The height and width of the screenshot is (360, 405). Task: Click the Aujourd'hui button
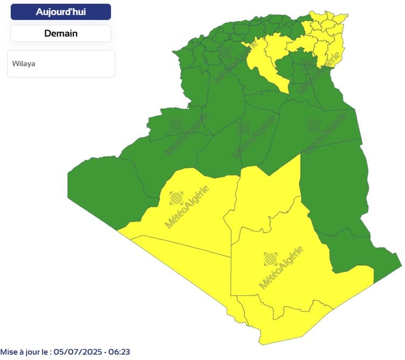click(x=60, y=12)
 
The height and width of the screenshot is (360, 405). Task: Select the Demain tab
click(x=60, y=33)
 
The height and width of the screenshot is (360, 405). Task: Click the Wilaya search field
click(x=61, y=63)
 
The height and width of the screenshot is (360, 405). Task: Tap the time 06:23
click(x=119, y=352)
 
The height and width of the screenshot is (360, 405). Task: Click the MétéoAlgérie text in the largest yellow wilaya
click(x=281, y=267)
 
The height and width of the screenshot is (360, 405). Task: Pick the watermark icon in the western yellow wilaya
click(x=176, y=198)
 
